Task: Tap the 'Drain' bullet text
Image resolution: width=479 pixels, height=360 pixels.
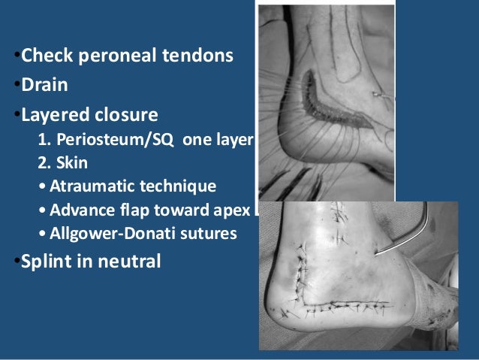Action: (44, 86)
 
